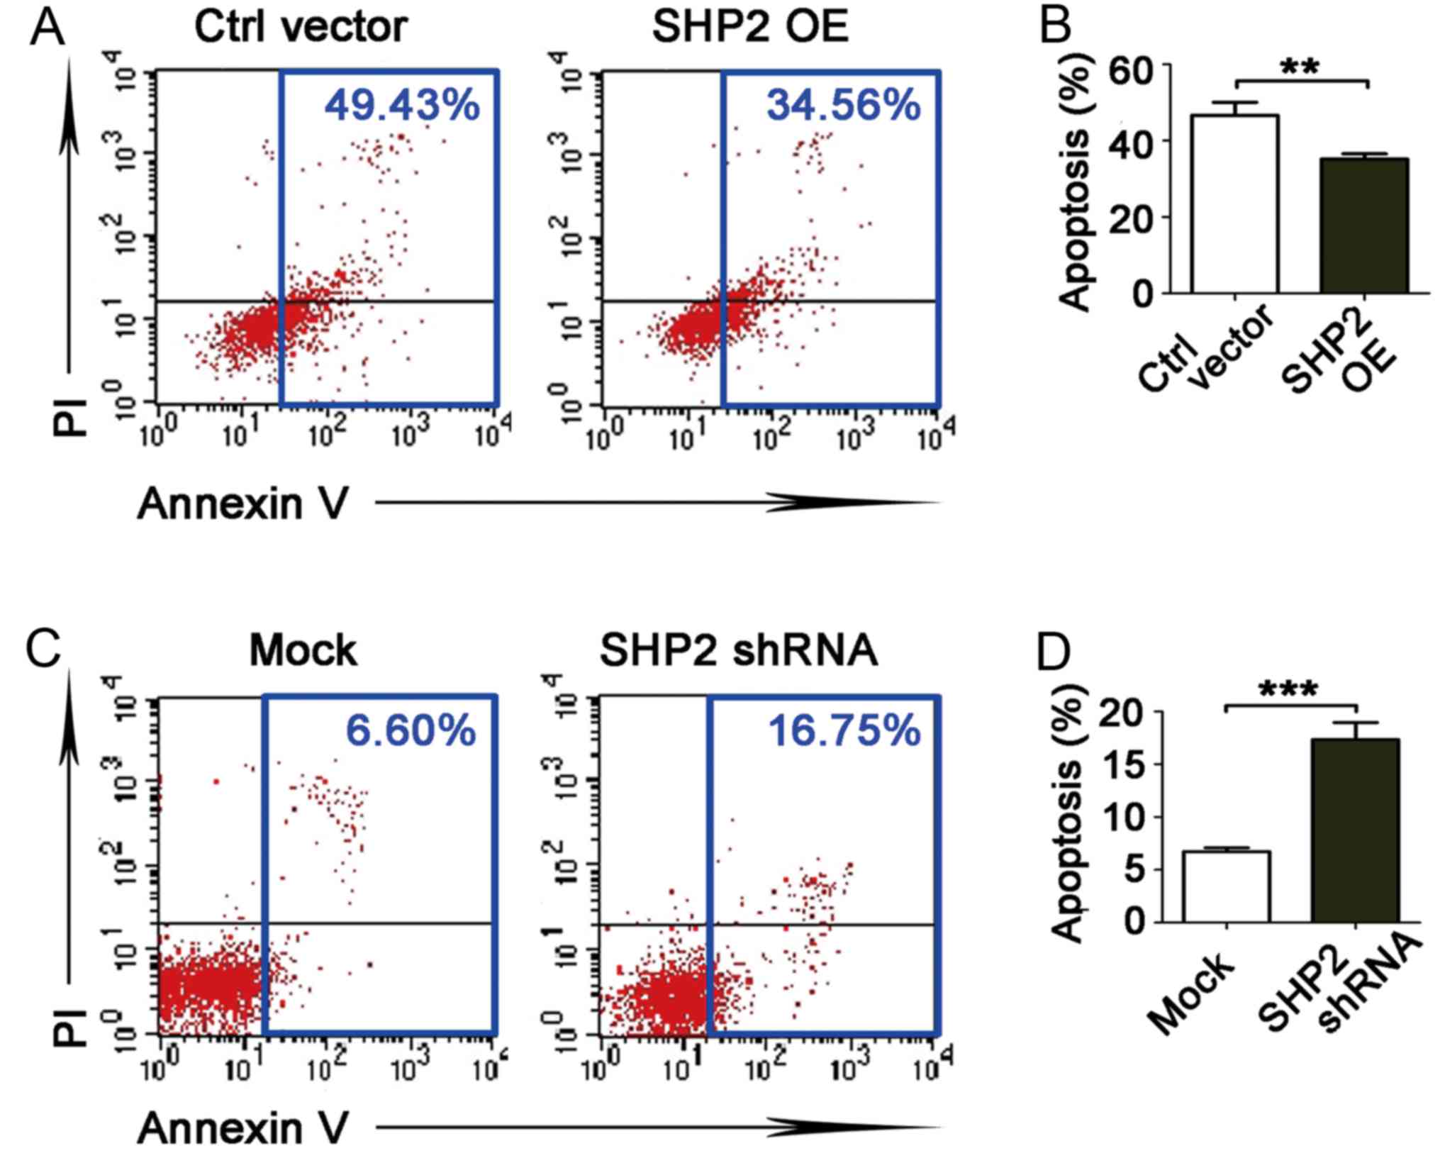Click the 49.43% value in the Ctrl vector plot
(402, 105)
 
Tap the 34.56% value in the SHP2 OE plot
(844, 105)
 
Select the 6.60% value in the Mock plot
(411, 730)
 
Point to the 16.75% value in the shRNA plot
(844, 730)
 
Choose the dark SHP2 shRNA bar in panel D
(1355, 830)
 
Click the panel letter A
(47, 28)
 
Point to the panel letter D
(1054, 652)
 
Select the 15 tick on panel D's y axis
(1124, 764)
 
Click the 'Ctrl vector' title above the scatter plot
(301, 27)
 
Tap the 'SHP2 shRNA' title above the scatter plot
(739, 650)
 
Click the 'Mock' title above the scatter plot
(303, 650)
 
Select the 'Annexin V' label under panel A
(243, 504)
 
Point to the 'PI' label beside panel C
(70, 1028)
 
